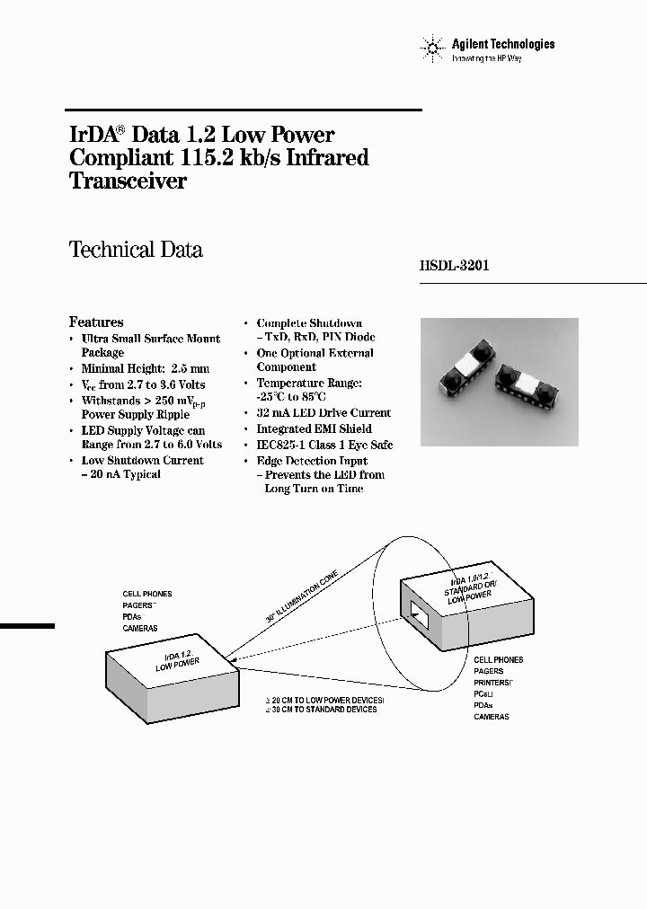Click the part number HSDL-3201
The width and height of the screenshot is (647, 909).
[x=454, y=266]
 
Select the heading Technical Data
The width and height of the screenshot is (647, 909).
[x=136, y=251]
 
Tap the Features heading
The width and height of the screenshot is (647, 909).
[x=96, y=322]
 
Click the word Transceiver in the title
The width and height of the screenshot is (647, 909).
[x=128, y=181]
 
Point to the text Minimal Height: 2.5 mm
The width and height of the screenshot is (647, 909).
[x=145, y=368]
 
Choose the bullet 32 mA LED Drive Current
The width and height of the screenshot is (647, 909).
[x=323, y=413]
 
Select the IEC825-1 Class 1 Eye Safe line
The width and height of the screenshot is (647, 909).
[x=324, y=445]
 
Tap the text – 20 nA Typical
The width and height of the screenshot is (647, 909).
[x=121, y=474]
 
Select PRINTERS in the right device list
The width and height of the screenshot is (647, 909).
[x=494, y=683]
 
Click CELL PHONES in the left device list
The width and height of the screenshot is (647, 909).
[x=147, y=595]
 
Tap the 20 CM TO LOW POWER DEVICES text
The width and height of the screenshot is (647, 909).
[x=323, y=699]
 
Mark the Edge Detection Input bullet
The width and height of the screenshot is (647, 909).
[x=312, y=461]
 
